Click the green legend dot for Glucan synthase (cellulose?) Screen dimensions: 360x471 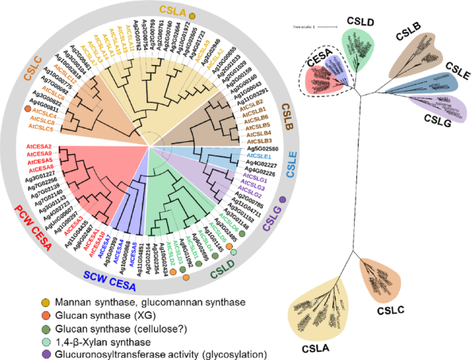[x=45, y=328]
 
